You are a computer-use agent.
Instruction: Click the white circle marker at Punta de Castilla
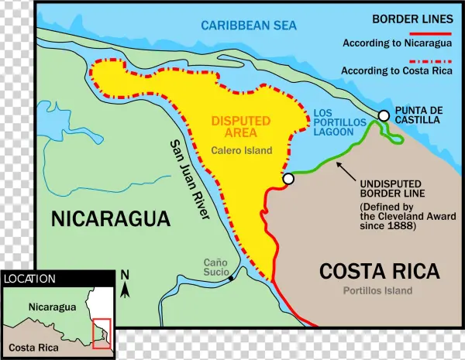pos(383,115)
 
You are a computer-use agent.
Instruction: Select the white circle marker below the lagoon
pos(288,179)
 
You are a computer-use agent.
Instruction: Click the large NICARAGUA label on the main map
pos(111,219)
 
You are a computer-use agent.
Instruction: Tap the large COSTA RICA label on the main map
pos(380,272)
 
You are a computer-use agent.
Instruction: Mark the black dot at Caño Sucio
pos(231,277)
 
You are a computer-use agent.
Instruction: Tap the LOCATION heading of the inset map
pos(29,279)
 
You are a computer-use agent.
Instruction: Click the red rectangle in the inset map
pos(102,333)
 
